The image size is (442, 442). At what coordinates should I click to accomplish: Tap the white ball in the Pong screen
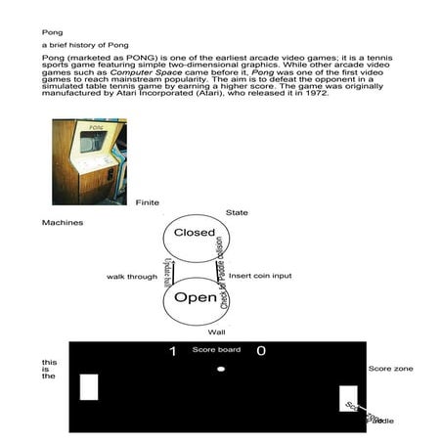[221, 369]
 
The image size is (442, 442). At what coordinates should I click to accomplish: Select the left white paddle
[89, 387]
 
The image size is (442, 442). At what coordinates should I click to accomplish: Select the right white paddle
[348, 398]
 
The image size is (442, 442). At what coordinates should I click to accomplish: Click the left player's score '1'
[173, 351]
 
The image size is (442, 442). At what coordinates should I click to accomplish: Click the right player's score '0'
[260, 351]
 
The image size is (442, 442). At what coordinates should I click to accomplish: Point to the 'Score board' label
[216, 349]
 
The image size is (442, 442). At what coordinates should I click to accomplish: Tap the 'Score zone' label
[390, 369]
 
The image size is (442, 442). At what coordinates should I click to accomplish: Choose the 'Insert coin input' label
[259, 277]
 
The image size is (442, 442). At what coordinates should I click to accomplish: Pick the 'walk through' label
[132, 277]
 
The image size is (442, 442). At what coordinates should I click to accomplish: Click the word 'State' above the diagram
[237, 212]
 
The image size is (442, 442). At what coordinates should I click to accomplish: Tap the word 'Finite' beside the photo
[147, 201]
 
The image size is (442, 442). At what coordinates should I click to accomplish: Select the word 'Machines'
[62, 223]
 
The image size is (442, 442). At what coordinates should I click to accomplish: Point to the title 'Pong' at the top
[51, 31]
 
